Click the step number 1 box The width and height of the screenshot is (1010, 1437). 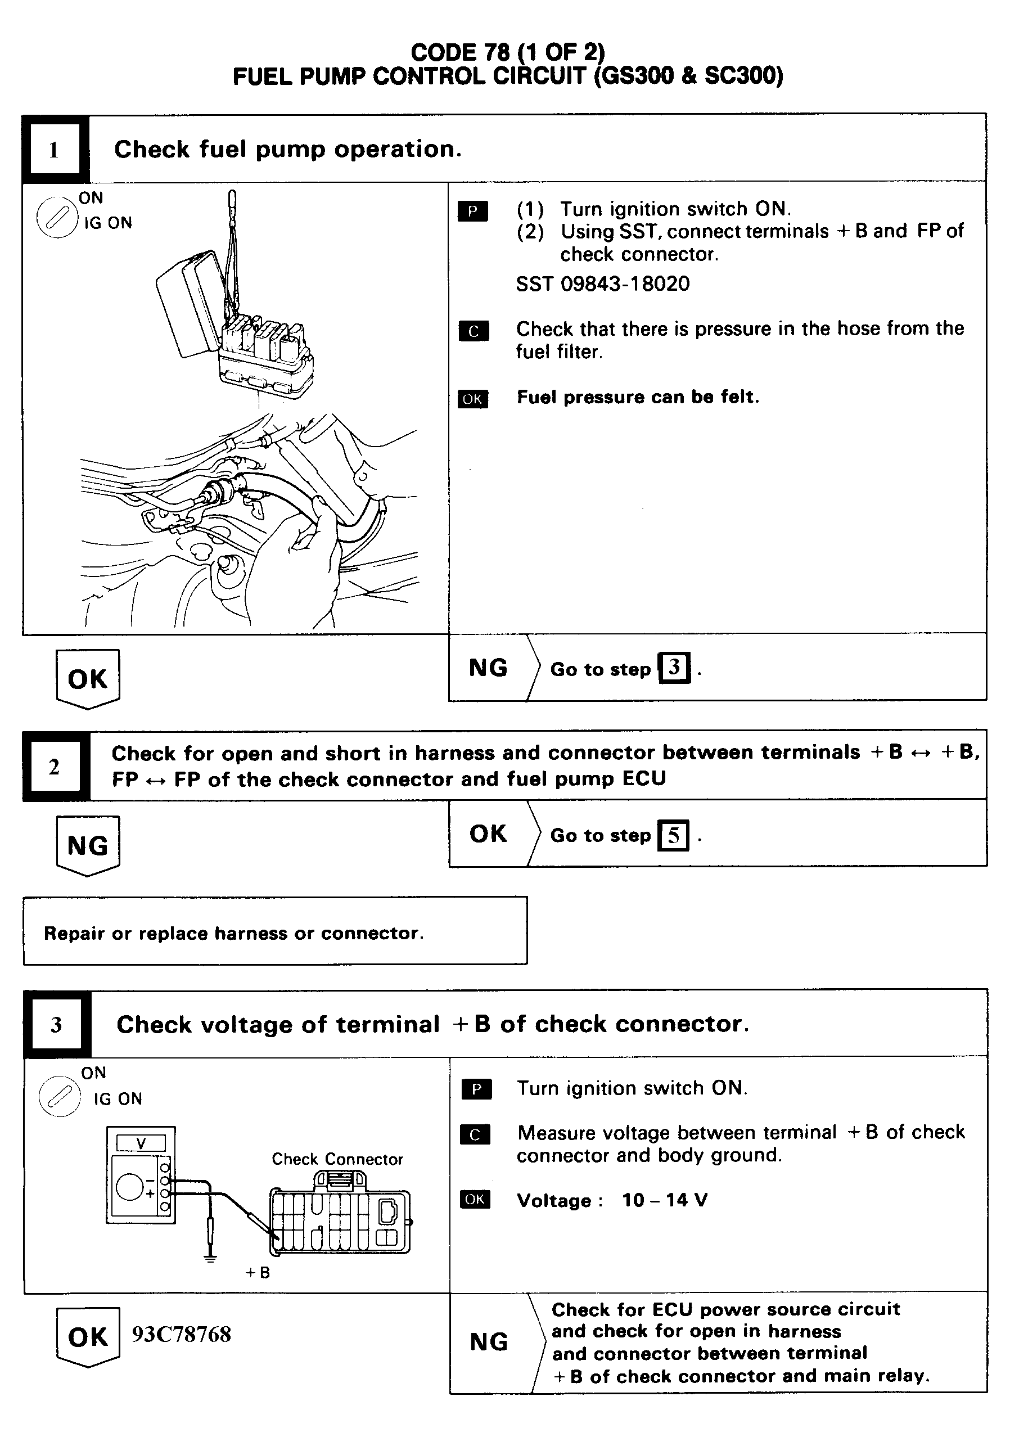tap(54, 150)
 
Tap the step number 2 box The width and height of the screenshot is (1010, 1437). tap(55, 766)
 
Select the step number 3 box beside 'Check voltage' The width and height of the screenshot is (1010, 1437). tap(56, 1025)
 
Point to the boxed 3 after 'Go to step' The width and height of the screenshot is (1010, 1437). tap(674, 668)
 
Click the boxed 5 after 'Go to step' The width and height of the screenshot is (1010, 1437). tap(673, 835)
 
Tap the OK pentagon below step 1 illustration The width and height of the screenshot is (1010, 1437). tap(88, 678)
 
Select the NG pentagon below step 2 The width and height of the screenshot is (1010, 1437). tap(88, 845)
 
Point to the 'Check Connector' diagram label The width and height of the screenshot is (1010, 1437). tap(337, 1159)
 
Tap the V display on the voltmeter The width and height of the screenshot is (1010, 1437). tap(141, 1143)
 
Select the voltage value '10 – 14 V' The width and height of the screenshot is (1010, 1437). tap(665, 1200)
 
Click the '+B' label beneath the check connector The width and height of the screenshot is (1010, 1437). tap(257, 1273)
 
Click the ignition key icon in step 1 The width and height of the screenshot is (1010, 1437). tap(56, 218)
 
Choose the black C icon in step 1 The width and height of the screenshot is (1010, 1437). tap(473, 331)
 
